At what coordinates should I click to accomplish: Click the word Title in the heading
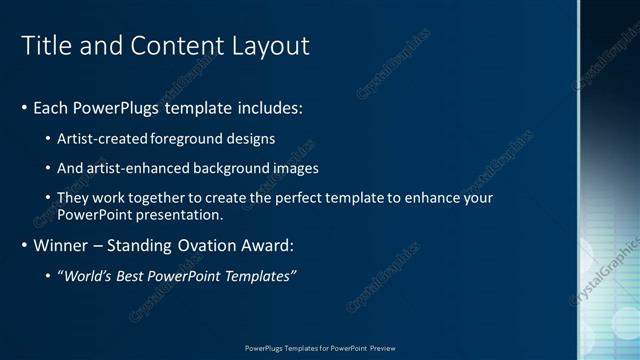(x=44, y=46)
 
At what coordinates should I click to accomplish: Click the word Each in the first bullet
(x=51, y=107)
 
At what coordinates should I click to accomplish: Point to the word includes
(x=264, y=107)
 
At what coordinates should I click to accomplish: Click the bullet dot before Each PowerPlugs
(x=24, y=107)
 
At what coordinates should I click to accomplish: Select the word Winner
(x=61, y=245)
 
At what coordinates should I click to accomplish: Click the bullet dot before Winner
(x=24, y=245)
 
